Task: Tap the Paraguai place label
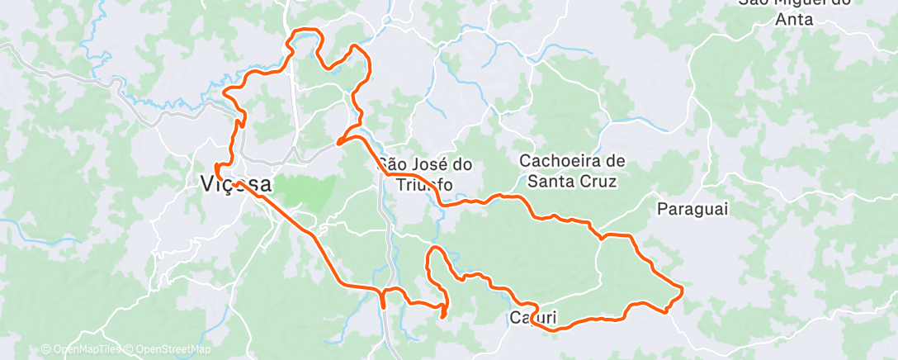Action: point(693,209)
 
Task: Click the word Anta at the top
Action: point(795,19)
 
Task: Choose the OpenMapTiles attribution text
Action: point(86,350)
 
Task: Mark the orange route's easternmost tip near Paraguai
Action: point(683,288)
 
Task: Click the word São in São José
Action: point(392,163)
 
